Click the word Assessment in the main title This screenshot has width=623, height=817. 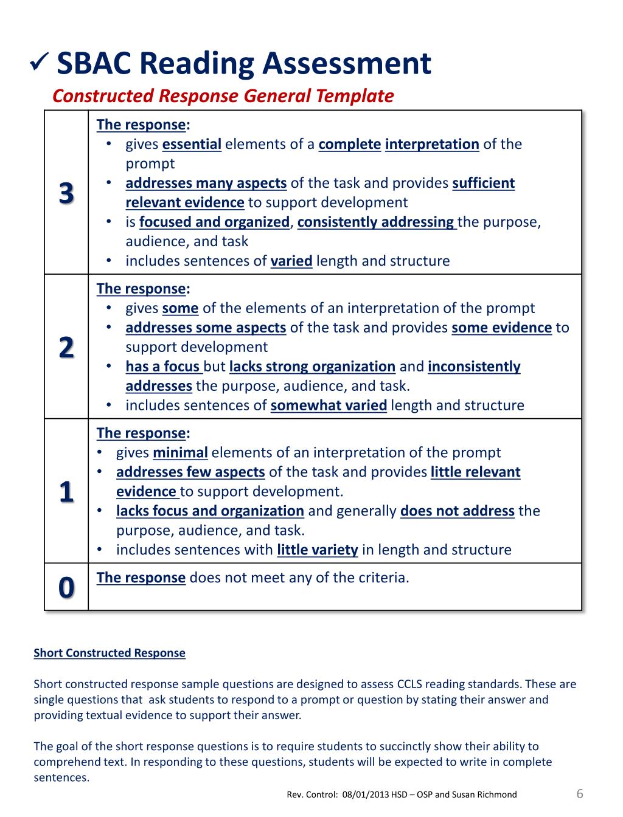tap(347, 64)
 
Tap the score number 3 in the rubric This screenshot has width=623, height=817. tap(66, 193)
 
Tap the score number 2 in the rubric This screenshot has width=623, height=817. tap(66, 348)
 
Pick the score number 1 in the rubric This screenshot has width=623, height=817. tap(66, 491)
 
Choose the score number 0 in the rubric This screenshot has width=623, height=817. tap(66, 587)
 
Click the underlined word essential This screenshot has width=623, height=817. tap(192, 145)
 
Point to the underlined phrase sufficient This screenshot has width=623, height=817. tap(484, 184)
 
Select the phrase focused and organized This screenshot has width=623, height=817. tap(214, 222)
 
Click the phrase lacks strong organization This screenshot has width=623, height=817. tap(312, 367)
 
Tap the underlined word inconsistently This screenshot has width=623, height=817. tap(474, 367)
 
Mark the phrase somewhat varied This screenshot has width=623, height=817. tap(329, 406)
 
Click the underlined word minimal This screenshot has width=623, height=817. tap(180, 453)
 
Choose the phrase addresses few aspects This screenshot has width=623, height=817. tap(190, 472)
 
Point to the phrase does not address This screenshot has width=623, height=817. tap(458, 511)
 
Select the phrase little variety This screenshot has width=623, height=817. tap(317, 550)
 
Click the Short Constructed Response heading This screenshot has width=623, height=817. tap(110, 653)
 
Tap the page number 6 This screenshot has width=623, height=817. tap(579, 793)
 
